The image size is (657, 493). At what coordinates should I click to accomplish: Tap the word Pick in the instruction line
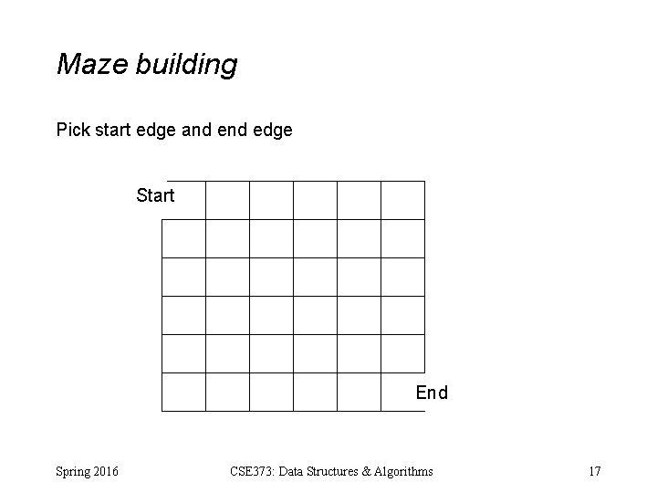point(73,131)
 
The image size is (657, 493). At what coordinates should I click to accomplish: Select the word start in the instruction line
point(117,131)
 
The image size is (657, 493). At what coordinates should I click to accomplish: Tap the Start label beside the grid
point(155,195)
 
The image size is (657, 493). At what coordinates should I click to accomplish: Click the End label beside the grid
point(432,393)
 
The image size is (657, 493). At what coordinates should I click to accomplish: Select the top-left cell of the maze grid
point(183,200)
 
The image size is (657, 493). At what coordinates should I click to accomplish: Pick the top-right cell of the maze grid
point(402,200)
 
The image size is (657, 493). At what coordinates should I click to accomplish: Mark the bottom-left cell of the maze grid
point(183,392)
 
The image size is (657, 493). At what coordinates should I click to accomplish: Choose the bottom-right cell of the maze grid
point(402,392)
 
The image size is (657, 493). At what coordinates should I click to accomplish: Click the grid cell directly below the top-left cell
point(183,238)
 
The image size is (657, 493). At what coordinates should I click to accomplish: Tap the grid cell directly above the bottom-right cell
point(402,353)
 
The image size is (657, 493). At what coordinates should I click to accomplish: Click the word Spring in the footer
point(74,472)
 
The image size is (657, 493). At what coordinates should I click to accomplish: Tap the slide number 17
point(595,471)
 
